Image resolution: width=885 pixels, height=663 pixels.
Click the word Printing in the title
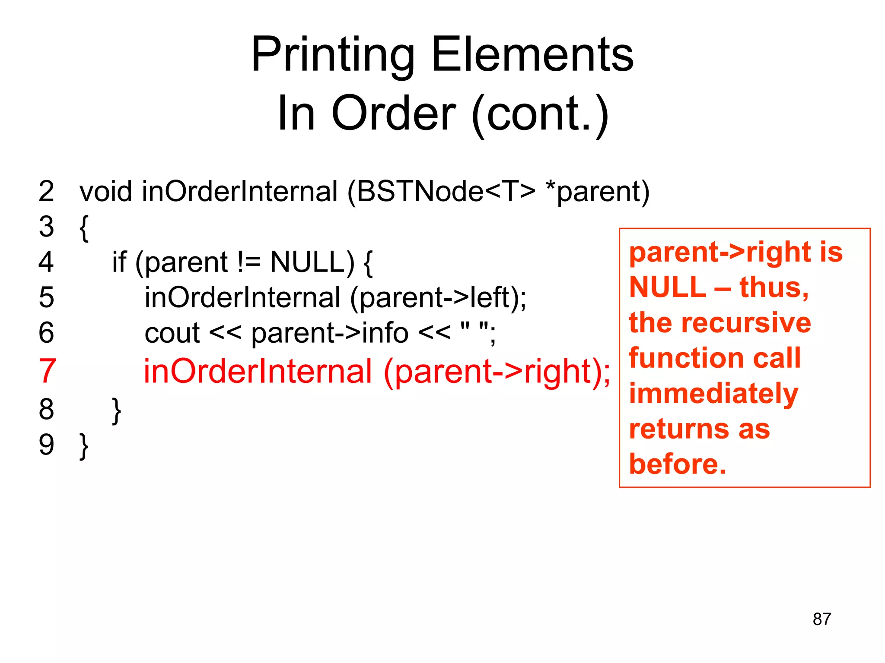pyautogui.click(x=333, y=55)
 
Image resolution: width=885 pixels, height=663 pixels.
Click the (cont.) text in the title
pyautogui.click(x=540, y=114)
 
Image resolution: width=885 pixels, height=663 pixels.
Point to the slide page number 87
pyautogui.click(x=821, y=619)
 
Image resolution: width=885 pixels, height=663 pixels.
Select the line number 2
pyautogui.click(x=46, y=191)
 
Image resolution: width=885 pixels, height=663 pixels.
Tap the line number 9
pyautogui.click(x=46, y=445)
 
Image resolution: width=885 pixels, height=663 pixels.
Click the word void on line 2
pyautogui.click(x=105, y=191)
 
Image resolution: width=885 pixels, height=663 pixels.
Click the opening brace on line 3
pyautogui.click(x=84, y=227)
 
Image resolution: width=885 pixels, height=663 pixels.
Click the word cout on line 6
pyautogui.click(x=172, y=333)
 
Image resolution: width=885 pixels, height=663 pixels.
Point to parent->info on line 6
pyautogui.click(x=330, y=333)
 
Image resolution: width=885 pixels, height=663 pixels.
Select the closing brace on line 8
pyautogui.click(x=116, y=410)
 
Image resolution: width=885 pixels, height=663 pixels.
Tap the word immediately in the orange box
pyautogui.click(x=713, y=394)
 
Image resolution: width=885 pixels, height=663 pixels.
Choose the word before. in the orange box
pyautogui.click(x=677, y=464)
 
